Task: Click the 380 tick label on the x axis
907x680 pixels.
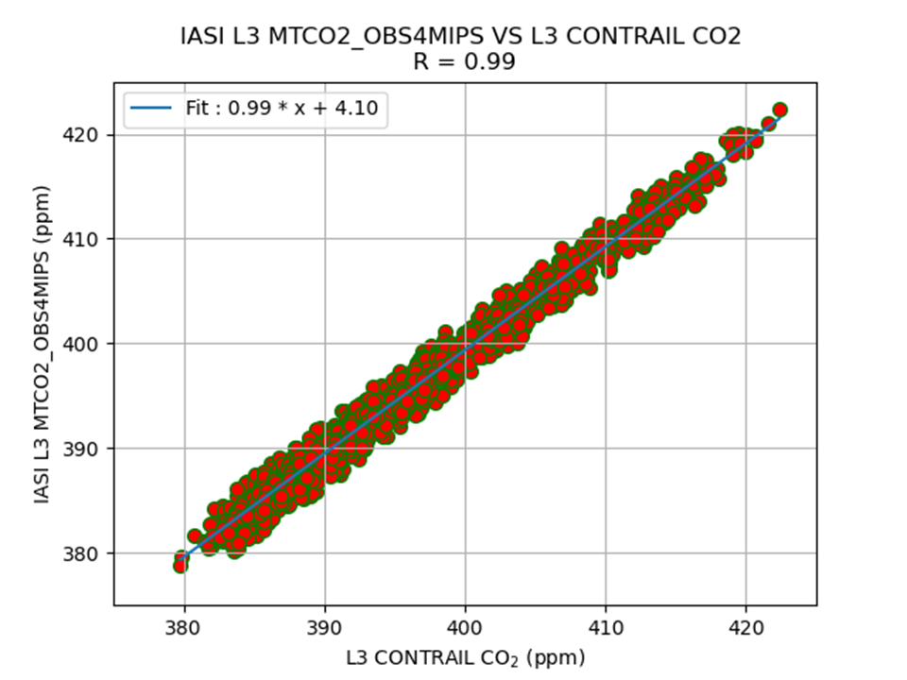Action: (x=183, y=628)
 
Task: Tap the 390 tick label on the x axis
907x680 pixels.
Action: (x=324, y=628)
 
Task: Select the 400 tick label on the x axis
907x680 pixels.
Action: (x=465, y=628)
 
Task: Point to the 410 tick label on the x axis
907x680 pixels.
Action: (x=606, y=628)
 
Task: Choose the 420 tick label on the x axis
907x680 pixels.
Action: (x=746, y=628)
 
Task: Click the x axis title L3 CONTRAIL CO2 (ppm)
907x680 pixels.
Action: (x=465, y=656)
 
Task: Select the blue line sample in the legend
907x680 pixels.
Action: (x=152, y=109)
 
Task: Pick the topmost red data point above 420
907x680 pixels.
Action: (x=780, y=110)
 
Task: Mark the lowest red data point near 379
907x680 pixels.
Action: (x=180, y=565)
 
